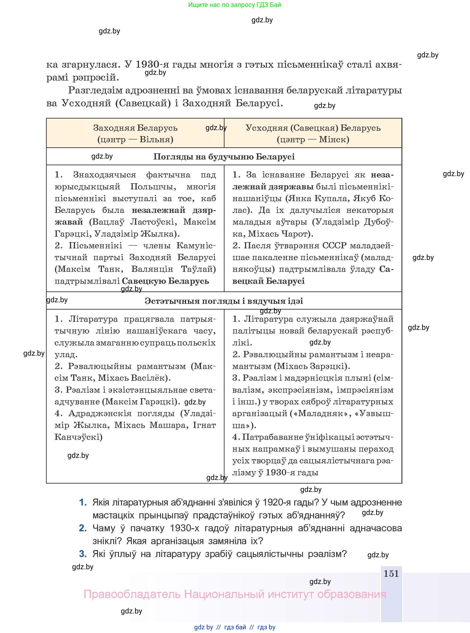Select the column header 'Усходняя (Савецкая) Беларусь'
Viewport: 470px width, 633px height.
pyautogui.click(x=313, y=128)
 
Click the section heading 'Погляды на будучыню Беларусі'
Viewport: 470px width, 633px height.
pyautogui.click(x=224, y=157)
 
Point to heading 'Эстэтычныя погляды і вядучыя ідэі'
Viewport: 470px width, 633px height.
pyautogui.click(x=224, y=301)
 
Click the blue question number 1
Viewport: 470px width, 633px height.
pyautogui.click(x=83, y=502)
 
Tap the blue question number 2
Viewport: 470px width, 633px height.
pyautogui.click(x=83, y=528)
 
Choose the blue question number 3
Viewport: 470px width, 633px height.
pyautogui.click(x=83, y=554)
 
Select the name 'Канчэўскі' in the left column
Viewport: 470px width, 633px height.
pyautogui.click(x=78, y=437)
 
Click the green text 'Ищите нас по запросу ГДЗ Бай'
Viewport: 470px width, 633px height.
pyautogui.click(x=234, y=5)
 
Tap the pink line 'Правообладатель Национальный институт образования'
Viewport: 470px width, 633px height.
pyautogui.click(x=235, y=594)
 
